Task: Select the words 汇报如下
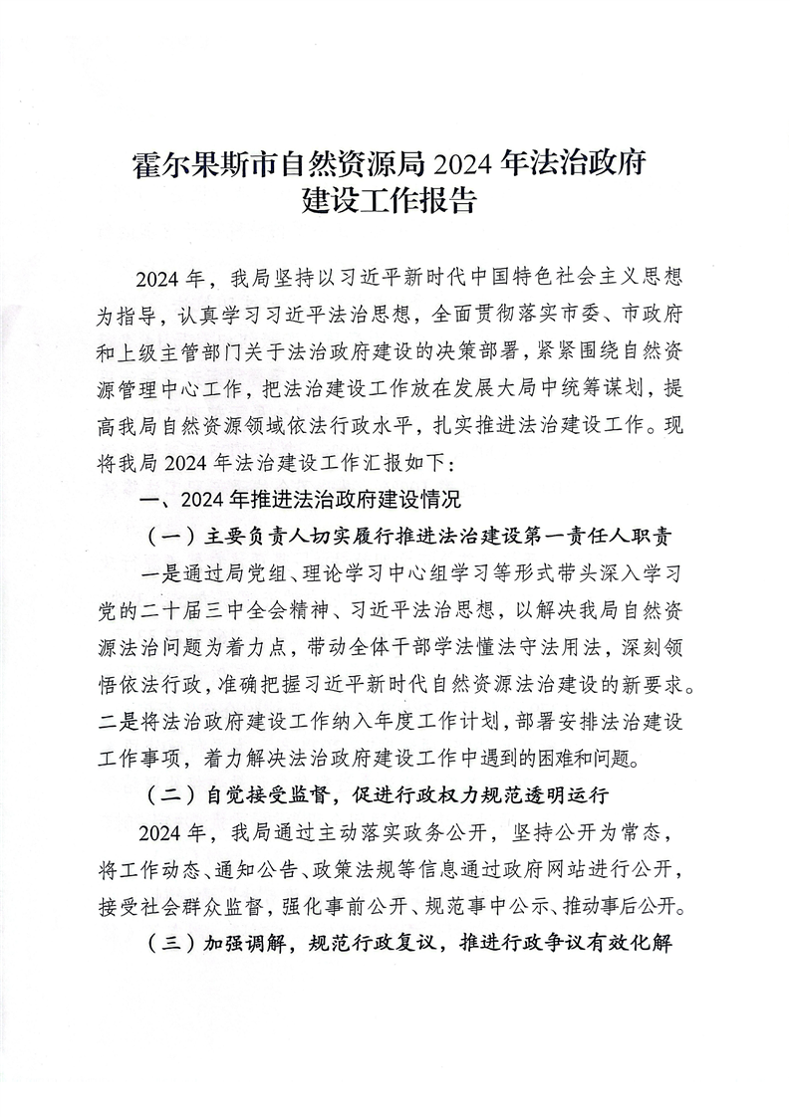click(398, 463)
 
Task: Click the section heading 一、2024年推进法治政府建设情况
click(303, 499)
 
